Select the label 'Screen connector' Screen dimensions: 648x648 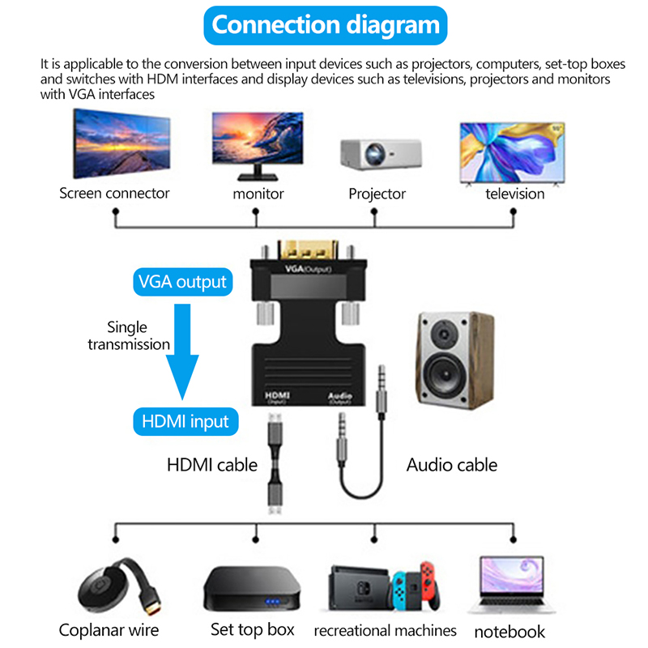pyautogui.click(x=114, y=194)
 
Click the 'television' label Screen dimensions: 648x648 pyautogui.click(x=514, y=194)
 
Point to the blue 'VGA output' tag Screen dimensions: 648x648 pyautogui.click(x=182, y=283)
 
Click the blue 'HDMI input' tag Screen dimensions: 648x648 pyautogui.click(x=185, y=421)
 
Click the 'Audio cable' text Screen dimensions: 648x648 pyautogui.click(x=451, y=465)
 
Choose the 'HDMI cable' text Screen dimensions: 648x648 pyautogui.click(x=211, y=465)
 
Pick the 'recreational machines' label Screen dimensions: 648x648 pyautogui.click(x=385, y=630)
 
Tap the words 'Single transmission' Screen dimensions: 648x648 pyautogui.click(x=129, y=335)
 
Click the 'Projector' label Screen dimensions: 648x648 pyautogui.click(x=377, y=194)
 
